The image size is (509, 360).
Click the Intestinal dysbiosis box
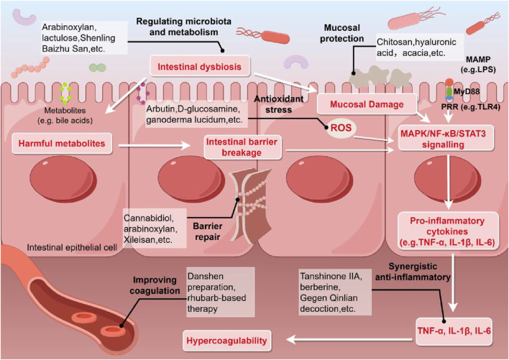coord(200,67)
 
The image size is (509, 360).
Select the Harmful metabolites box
coord(62,143)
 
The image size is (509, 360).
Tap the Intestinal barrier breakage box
coord(242,147)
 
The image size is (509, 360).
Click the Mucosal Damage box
coord(367,104)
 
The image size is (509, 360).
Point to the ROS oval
coord(341,128)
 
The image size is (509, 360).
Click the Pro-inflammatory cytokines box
coord(447,231)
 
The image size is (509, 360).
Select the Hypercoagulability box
coord(226,341)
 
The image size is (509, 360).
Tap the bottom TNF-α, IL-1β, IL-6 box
coord(454,331)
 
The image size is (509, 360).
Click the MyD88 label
coord(467,91)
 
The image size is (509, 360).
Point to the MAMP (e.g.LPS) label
coord(478,64)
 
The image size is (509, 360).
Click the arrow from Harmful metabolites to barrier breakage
coord(155,146)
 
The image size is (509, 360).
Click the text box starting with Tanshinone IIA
coord(335,292)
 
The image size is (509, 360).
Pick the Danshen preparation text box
coord(221,292)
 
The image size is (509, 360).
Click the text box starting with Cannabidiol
coord(155,229)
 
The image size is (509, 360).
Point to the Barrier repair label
coord(208,231)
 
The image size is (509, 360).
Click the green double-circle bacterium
coord(97,68)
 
